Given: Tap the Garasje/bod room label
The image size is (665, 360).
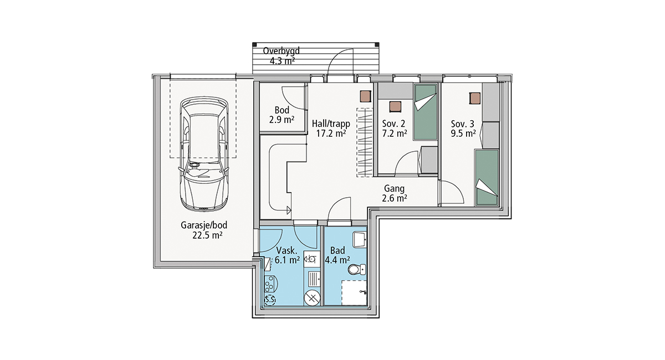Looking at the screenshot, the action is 204,230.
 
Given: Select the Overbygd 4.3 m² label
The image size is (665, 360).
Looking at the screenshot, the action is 282,56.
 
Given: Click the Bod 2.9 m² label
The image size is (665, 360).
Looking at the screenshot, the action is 282,115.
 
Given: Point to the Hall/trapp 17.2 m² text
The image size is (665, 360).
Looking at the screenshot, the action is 331,128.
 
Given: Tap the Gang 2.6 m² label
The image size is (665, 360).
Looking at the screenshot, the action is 394,193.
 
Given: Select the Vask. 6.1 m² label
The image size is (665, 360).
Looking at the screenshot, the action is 287,255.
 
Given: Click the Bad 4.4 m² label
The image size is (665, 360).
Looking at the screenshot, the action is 337,255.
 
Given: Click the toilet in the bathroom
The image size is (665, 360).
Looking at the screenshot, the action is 357,270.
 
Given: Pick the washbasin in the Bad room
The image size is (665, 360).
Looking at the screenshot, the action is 360,240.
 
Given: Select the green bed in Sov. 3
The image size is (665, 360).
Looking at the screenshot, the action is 487,177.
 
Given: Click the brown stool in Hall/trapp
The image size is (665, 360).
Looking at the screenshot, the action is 365,96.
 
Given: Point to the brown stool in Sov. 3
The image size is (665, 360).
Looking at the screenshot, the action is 475,98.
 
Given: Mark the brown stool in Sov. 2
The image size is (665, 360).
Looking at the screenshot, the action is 395,106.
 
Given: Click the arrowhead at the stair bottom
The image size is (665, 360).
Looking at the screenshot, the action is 289,210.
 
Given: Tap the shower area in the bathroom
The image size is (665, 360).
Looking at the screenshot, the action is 354,292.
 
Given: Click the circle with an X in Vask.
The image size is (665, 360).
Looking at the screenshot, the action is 312,298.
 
